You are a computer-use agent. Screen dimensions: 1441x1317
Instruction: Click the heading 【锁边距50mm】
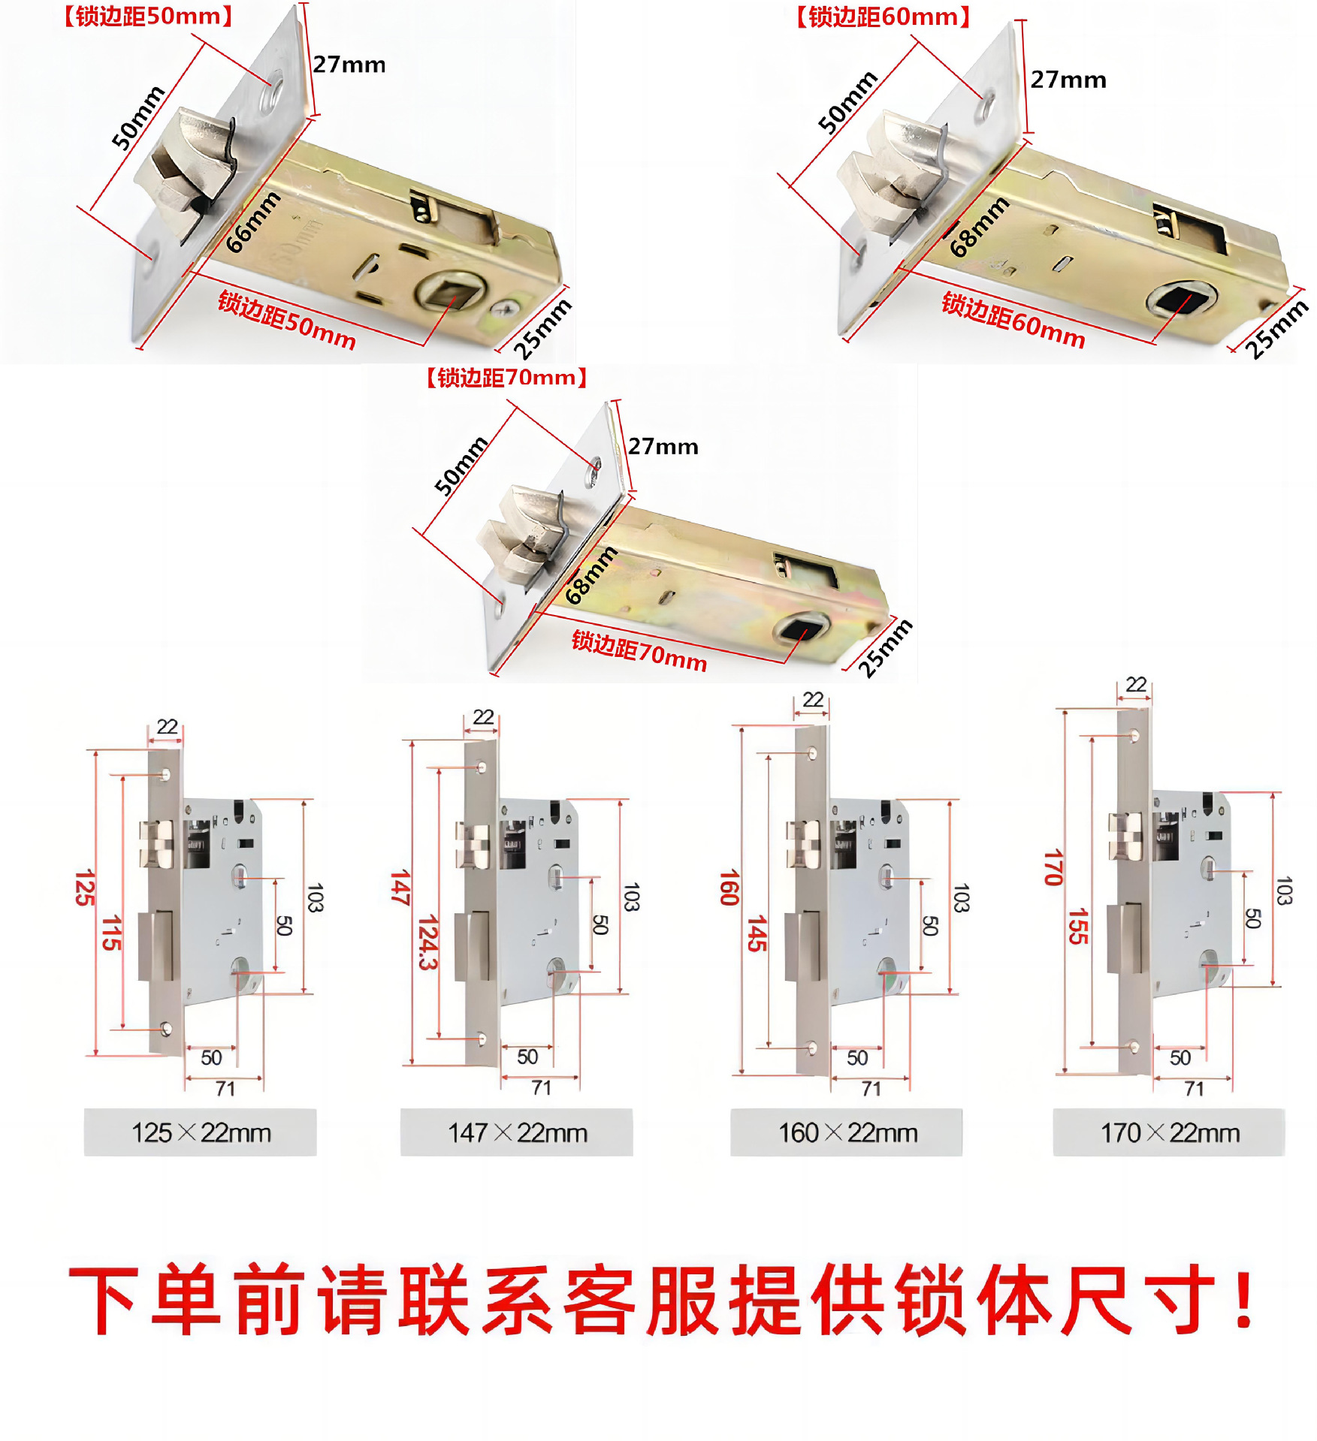(148, 17)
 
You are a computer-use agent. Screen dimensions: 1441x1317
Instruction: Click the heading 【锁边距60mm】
(883, 17)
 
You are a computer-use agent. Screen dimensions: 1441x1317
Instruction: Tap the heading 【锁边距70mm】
(506, 377)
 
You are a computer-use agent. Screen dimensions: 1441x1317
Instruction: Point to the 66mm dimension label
(254, 222)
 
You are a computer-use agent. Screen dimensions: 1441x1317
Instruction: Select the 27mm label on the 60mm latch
(1068, 80)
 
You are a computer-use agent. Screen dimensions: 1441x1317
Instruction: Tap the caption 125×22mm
(201, 1132)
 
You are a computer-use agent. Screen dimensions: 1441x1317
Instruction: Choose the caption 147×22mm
(517, 1132)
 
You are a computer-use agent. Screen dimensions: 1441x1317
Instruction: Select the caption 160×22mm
(847, 1132)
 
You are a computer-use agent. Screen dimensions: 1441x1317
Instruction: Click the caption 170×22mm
(1169, 1132)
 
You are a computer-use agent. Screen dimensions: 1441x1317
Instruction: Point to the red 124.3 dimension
(427, 942)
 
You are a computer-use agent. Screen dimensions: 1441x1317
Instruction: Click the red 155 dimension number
(1078, 926)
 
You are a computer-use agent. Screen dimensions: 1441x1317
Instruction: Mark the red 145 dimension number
(756, 933)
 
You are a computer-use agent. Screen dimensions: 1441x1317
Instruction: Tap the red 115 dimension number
(111, 933)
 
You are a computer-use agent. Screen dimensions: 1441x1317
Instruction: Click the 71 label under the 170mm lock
(1194, 1089)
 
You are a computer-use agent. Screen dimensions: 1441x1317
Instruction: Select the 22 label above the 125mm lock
(167, 727)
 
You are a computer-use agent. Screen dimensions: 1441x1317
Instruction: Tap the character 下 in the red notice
(104, 1299)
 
